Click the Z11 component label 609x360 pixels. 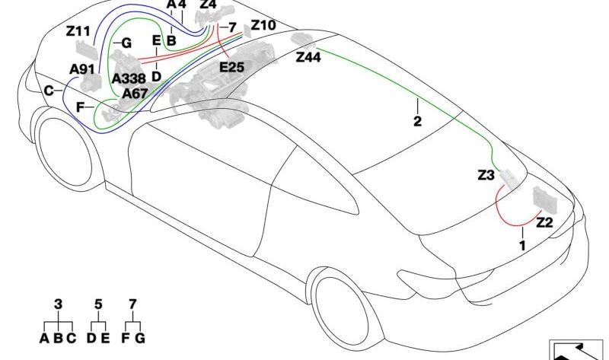pos(78,31)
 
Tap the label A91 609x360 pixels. pos(82,69)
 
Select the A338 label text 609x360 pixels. pos(129,79)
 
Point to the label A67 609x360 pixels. pos(135,94)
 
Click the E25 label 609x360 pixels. pos(232,67)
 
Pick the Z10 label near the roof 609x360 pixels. pos(263,25)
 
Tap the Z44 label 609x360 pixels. pos(308,57)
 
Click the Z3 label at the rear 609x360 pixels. pos(486,175)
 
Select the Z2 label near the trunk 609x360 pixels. pos(544,222)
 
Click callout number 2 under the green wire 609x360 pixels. pos(417,121)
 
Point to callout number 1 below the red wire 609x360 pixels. pos(523,245)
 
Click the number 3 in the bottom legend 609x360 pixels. pos(58,304)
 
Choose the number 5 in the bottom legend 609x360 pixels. pos(98,304)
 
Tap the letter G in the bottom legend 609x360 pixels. pos(140,338)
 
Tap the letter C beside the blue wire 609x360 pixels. pos(49,91)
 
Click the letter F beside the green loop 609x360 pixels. pos(80,107)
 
